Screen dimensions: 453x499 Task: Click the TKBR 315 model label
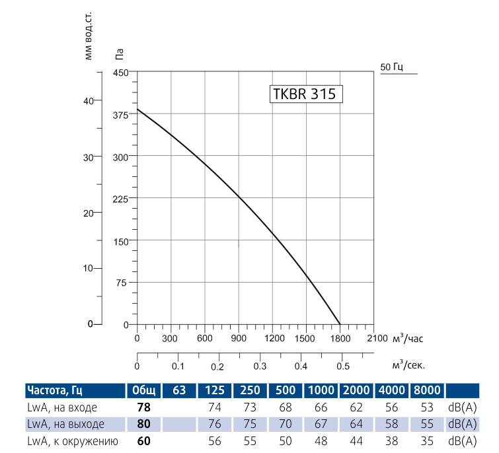(x=305, y=94)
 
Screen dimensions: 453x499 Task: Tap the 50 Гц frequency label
(x=392, y=67)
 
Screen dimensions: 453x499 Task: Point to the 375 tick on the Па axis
(x=121, y=114)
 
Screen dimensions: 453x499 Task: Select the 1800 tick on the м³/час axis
(x=340, y=339)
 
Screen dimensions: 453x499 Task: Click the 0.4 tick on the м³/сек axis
(x=301, y=366)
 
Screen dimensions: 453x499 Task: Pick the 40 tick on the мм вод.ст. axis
(x=96, y=100)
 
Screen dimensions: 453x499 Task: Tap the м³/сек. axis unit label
(x=408, y=365)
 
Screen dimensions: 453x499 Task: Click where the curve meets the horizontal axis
(x=340, y=324)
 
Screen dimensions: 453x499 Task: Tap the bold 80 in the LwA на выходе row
(x=143, y=423)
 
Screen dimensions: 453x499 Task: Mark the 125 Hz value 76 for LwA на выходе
(x=215, y=423)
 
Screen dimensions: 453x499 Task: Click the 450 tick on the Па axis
(x=121, y=73)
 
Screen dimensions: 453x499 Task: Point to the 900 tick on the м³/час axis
(x=239, y=339)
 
